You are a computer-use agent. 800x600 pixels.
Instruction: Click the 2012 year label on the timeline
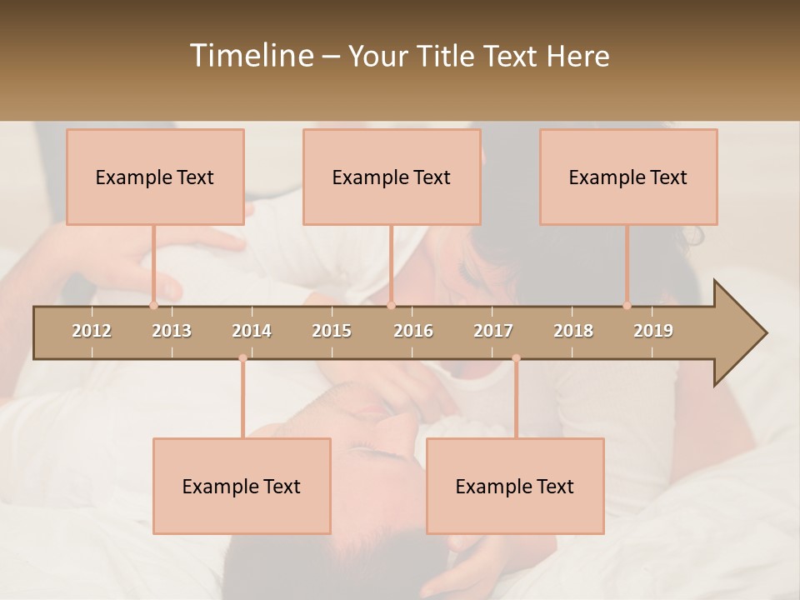[x=92, y=331]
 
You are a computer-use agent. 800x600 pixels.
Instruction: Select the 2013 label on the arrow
[x=172, y=331]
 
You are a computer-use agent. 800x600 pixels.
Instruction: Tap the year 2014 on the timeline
[x=252, y=331]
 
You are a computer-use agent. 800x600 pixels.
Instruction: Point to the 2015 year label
[x=332, y=331]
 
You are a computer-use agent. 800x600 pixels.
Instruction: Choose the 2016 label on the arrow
[x=413, y=331]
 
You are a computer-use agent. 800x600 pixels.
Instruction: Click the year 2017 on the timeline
[x=493, y=331]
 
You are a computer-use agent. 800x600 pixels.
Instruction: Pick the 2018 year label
[x=573, y=331]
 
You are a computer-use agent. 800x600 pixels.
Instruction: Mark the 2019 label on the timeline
[x=653, y=331]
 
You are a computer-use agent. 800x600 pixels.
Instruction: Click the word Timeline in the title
[x=250, y=56]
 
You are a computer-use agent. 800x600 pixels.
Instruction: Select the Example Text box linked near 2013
[x=155, y=177]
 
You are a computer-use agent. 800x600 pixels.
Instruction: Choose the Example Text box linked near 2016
[x=392, y=177]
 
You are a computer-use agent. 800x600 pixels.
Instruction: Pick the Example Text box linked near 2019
[x=628, y=177]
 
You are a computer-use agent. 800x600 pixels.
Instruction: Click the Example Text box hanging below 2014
[x=242, y=486]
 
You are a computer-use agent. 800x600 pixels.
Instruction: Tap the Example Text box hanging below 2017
[x=515, y=486]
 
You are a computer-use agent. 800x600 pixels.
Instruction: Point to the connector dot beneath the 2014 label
[x=242, y=358]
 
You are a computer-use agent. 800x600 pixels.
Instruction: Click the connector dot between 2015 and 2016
[x=392, y=305]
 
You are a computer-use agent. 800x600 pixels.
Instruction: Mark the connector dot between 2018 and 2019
[x=627, y=305]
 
